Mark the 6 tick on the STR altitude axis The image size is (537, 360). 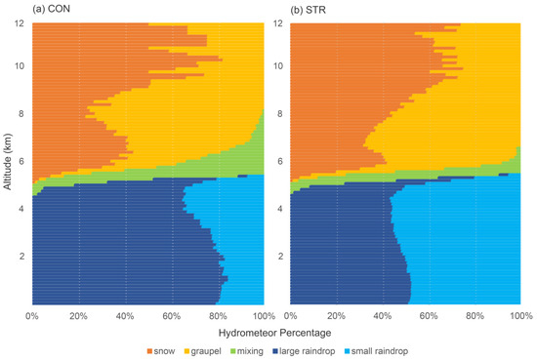pyautogui.click(x=281, y=162)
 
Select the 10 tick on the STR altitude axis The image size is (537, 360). pyautogui.click(x=279, y=67)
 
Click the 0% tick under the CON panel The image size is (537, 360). pyautogui.click(x=31, y=316)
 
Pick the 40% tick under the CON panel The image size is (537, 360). pyautogui.click(x=125, y=316)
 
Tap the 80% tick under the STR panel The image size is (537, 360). pyautogui.click(x=475, y=316)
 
